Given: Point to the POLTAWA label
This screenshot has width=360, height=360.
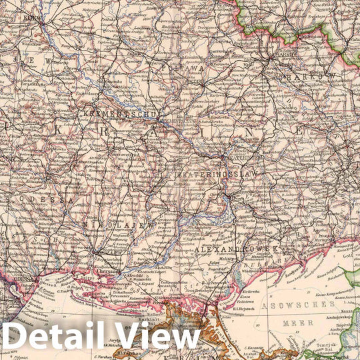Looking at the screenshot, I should (x=183, y=68).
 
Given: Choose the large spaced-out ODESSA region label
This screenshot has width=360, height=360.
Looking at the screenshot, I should (x=47, y=199).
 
